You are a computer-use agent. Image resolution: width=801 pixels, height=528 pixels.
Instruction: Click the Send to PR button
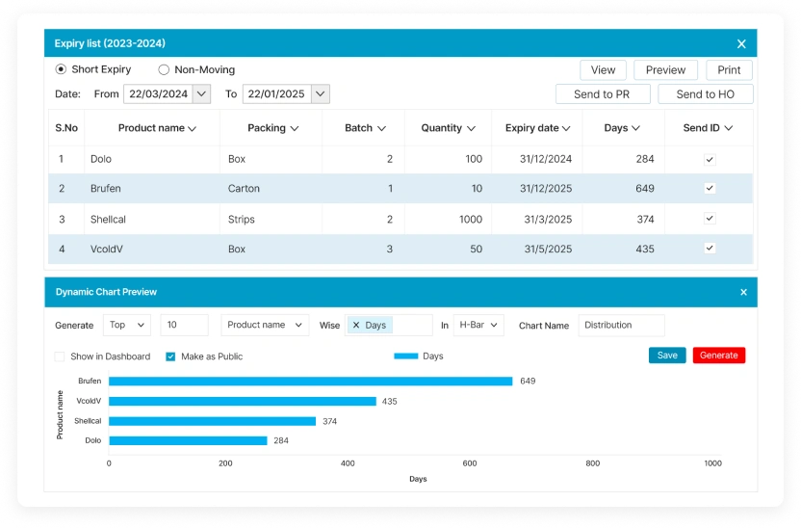click(601, 94)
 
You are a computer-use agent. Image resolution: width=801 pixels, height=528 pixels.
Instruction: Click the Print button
click(729, 70)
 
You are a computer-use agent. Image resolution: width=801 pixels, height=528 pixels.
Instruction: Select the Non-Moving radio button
click(164, 69)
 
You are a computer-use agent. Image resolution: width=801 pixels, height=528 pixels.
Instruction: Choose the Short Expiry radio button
click(61, 69)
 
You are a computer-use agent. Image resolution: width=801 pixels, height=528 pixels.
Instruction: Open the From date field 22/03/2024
click(157, 94)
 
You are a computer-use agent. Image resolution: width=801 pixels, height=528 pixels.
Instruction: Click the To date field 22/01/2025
click(276, 94)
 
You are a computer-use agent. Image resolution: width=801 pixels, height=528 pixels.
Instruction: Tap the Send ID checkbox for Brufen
click(710, 189)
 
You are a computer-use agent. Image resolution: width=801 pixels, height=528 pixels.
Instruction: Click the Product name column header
click(157, 128)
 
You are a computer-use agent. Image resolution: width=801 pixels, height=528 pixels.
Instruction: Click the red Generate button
click(718, 356)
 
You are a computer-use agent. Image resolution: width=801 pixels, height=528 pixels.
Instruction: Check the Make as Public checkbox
click(170, 356)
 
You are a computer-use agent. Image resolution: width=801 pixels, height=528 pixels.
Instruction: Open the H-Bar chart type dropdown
click(478, 326)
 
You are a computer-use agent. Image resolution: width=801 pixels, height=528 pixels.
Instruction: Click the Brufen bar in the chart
click(310, 382)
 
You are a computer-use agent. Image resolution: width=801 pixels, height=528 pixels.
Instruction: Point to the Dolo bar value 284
click(281, 441)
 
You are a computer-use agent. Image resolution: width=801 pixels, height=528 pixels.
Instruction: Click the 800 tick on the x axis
click(592, 463)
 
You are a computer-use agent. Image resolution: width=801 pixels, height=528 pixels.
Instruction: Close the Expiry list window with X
click(741, 43)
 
